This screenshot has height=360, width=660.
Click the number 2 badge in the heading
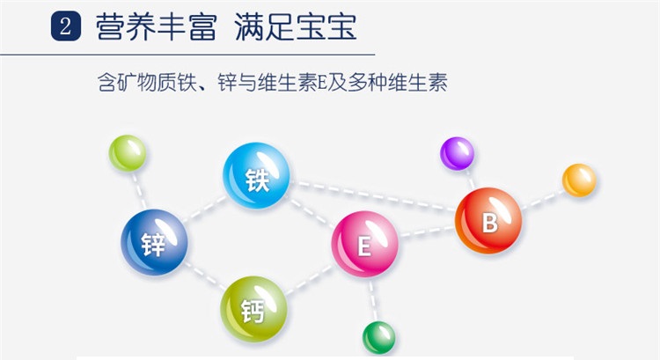(x=66, y=26)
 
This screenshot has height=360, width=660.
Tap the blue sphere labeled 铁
(x=256, y=175)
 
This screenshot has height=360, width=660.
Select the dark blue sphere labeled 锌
(x=154, y=242)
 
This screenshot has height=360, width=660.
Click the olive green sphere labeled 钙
(x=253, y=309)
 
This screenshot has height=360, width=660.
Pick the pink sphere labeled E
(x=364, y=244)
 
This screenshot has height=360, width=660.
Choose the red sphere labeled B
(x=488, y=221)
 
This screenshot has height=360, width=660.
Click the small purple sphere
(x=457, y=153)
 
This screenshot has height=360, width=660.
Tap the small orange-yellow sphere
(x=579, y=180)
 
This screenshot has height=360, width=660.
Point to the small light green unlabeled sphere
(x=127, y=153)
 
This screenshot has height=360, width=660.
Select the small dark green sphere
(x=378, y=338)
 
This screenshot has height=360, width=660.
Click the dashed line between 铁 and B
(x=372, y=195)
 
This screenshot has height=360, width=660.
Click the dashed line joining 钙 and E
(x=309, y=280)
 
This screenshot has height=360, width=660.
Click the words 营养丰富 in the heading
(x=157, y=27)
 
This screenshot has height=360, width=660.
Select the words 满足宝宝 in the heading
(x=296, y=27)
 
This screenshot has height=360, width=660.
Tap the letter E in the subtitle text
(x=322, y=83)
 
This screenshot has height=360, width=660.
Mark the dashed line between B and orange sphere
(x=543, y=200)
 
